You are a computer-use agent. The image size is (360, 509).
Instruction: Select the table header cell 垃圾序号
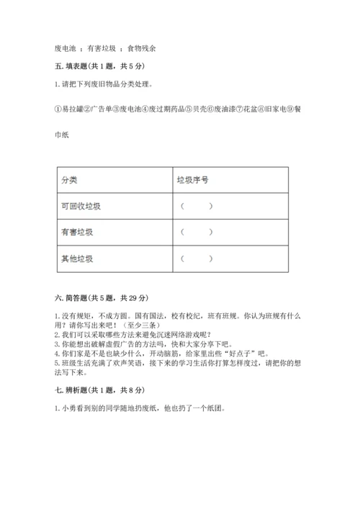193,181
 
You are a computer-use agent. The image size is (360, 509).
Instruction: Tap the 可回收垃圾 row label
81,207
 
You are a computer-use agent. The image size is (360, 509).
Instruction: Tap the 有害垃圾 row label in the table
77,233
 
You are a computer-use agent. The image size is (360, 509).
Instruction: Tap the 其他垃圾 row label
77,258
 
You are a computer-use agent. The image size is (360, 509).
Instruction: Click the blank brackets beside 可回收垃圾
196,207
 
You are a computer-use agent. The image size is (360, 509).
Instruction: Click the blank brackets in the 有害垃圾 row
196,233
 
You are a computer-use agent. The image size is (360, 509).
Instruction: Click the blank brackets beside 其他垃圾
196,258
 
